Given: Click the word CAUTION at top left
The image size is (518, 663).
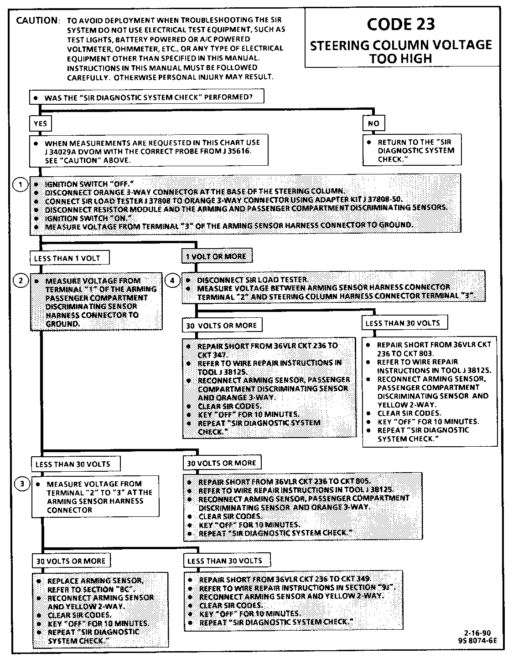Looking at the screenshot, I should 37,21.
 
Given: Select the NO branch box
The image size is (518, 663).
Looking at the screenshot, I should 373,123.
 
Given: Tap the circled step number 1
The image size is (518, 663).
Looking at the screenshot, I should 19,185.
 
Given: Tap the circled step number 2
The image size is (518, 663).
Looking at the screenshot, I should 21,281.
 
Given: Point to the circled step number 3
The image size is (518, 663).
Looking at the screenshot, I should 22,484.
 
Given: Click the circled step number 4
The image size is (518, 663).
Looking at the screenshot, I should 172,281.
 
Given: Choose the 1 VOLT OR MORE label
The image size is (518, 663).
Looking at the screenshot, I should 216,257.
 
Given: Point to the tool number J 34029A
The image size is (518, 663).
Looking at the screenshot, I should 66,152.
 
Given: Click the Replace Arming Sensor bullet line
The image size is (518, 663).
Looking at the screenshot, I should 95,581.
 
